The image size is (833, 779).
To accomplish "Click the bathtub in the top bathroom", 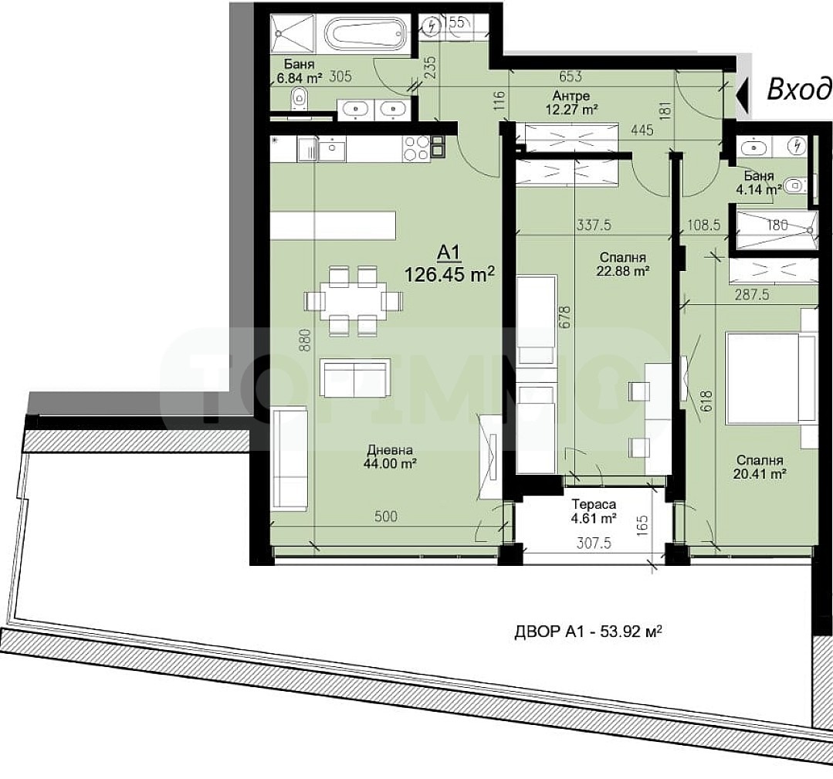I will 361,34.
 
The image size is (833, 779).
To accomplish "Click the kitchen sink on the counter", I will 332,147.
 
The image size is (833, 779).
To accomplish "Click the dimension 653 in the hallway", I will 569,77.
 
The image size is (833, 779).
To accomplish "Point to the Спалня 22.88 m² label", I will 621,264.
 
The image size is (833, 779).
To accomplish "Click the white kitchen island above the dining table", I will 333,226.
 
